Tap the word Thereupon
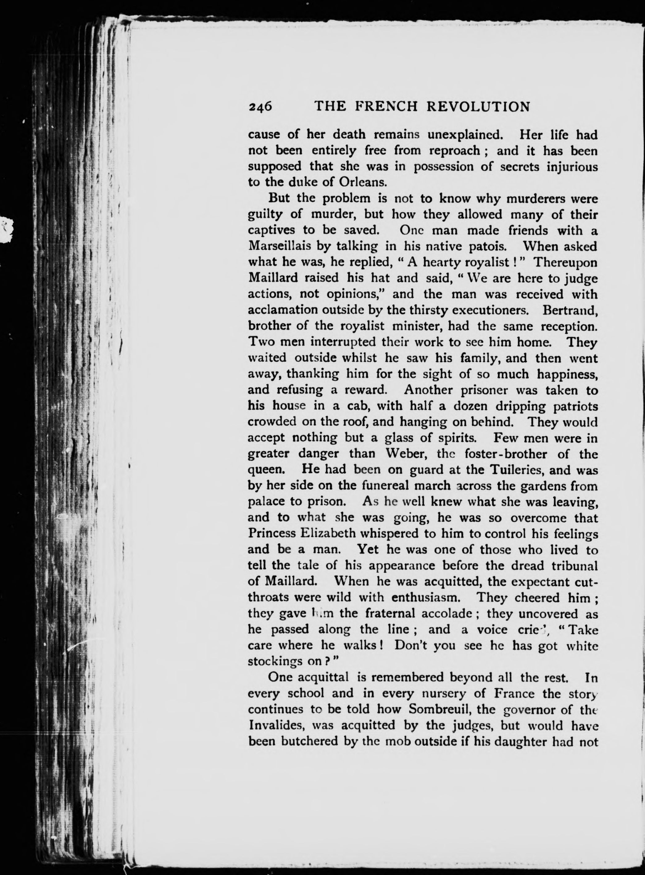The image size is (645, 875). point(566,262)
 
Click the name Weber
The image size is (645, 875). point(399,454)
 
